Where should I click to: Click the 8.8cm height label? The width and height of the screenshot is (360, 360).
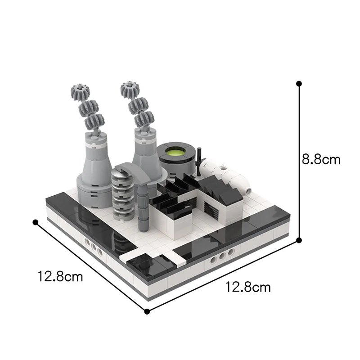point(321,159)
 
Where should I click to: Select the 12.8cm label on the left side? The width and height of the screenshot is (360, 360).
point(60,276)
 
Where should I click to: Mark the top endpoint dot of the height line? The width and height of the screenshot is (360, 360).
point(299,84)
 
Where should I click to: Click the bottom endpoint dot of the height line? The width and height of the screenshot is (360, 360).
point(299,241)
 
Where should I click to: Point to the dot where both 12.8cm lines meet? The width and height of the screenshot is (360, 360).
point(147,311)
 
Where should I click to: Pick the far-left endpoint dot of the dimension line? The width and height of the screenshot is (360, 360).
point(35,222)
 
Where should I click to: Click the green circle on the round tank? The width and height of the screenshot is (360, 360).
point(176,152)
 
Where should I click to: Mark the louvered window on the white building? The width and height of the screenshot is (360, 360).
point(209,207)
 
